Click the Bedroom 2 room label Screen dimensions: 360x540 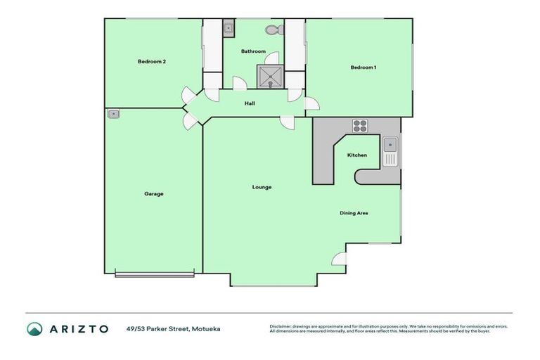[151, 62]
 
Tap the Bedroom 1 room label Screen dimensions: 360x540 [364, 67]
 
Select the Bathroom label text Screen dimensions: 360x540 [253, 51]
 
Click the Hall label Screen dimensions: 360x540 [250, 103]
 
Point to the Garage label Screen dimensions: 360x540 [154, 193]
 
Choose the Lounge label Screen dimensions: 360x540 [262, 187]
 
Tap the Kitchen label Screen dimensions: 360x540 [357, 155]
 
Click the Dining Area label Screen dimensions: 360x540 [354, 213]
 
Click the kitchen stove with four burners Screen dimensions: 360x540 [360, 126]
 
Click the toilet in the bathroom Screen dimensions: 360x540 [274, 30]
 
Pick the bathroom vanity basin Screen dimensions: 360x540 [229, 29]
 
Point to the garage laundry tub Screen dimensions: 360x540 [114, 113]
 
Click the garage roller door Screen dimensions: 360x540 [155, 274]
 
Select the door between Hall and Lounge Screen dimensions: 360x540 [287, 123]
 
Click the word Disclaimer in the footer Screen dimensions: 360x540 [281, 326]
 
